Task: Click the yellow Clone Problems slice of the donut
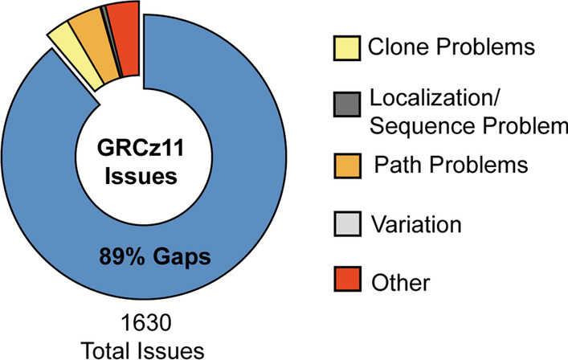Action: tap(76, 57)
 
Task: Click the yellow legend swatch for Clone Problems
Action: tap(347, 47)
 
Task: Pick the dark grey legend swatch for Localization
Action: tap(347, 104)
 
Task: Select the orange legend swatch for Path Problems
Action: tap(347, 166)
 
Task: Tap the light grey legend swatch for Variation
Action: tap(347, 223)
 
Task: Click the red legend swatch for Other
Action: tap(347, 279)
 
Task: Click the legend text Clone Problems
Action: tap(452, 47)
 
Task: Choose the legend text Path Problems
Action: tap(451, 164)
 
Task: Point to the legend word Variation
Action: tap(417, 224)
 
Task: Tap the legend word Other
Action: tap(401, 283)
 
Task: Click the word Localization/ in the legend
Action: tap(435, 98)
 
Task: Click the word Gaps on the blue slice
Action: tap(182, 258)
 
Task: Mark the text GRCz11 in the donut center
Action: tap(141, 148)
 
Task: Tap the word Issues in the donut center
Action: tap(141, 176)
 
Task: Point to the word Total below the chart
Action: tap(106, 350)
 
